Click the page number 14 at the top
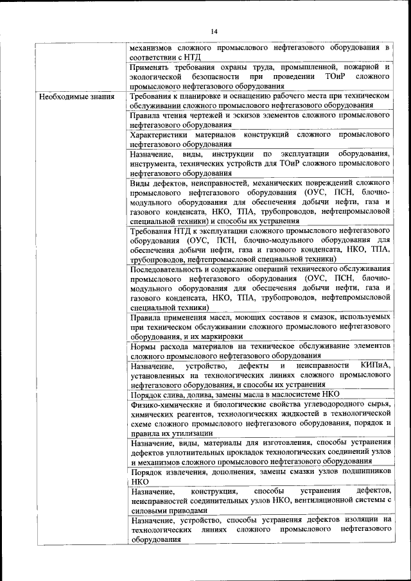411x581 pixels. pyautogui.click(x=214, y=31)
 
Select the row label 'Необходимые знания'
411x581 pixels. pyautogui.click(x=76, y=97)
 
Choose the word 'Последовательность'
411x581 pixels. pyautogui.click(x=173, y=268)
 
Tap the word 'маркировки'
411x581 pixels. pyautogui.click(x=221, y=336)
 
